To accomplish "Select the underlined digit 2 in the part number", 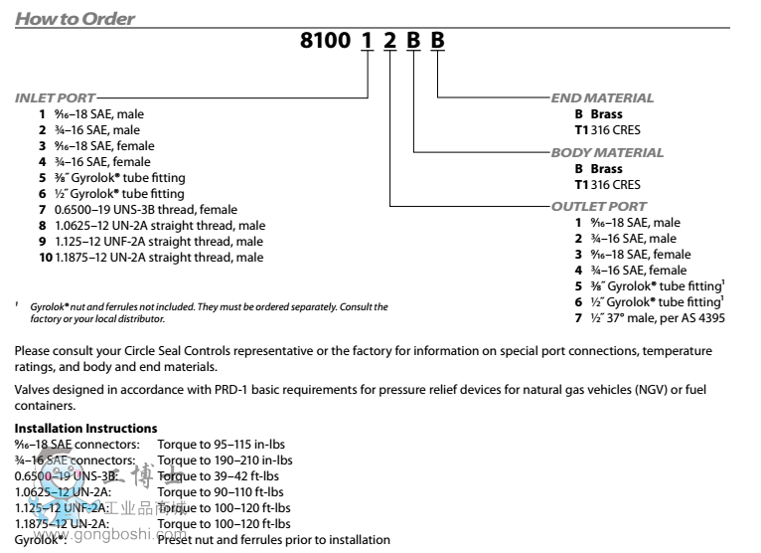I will [390, 44].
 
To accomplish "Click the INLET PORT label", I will [56, 98].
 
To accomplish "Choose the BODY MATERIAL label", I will [608, 153].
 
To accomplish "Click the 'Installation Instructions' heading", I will [85, 428].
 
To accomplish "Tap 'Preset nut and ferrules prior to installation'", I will [273, 540].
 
